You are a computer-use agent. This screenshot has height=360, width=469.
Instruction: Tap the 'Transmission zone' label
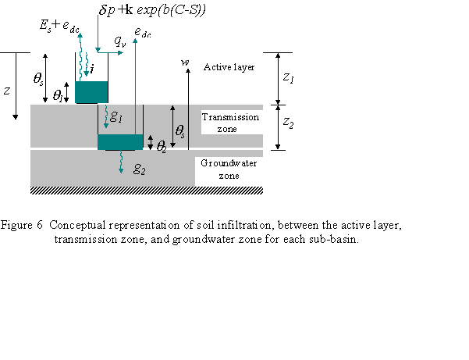(224, 123)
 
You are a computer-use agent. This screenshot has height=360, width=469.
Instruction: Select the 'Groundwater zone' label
(229, 169)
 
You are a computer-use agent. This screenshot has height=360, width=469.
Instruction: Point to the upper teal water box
(91, 91)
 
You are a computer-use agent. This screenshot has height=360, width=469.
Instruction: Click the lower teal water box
(120, 141)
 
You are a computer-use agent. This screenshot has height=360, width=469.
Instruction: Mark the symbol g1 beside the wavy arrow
(116, 116)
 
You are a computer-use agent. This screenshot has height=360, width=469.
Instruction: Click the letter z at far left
(7, 91)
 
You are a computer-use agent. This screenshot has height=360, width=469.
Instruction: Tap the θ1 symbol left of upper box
(59, 95)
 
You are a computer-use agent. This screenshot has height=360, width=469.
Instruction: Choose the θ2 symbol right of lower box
(162, 145)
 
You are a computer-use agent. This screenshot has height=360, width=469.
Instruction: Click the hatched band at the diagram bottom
(147, 191)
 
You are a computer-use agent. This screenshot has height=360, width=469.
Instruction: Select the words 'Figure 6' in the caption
(22, 225)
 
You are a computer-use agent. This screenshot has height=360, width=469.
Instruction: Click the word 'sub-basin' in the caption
(335, 238)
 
